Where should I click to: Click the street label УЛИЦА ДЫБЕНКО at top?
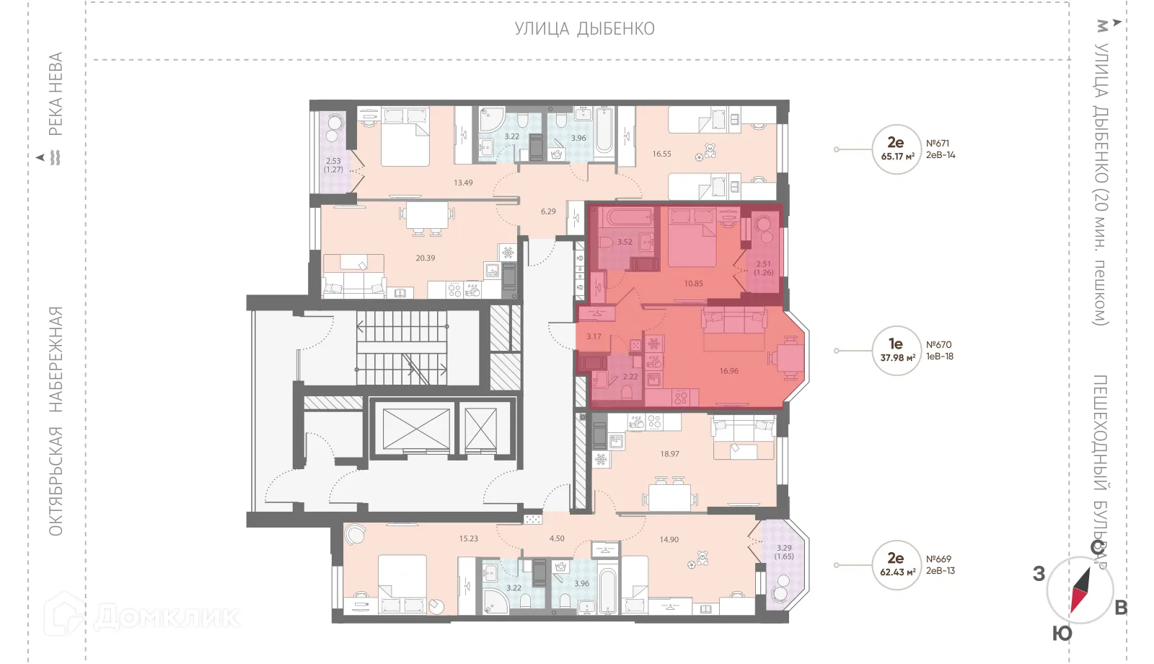tap(584, 29)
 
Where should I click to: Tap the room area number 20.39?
tap(425, 258)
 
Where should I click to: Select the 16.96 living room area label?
tap(728, 371)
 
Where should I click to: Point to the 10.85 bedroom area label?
tap(693, 284)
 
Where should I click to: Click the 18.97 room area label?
tap(669, 454)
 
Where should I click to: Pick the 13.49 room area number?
tap(463, 183)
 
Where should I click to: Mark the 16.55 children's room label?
tap(661, 154)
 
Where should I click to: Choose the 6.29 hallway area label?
tap(548, 211)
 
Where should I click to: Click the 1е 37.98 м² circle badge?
tap(897, 351)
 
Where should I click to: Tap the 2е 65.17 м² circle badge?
tap(897, 149)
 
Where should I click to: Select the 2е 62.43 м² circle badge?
tap(897, 564)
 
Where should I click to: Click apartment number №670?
tap(938, 345)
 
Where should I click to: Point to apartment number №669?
tap(938, 559)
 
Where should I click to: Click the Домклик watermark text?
tap(166, 617)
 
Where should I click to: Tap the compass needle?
tap(1080, 590)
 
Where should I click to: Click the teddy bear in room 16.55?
tap(709, 152)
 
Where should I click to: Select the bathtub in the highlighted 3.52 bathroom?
tap(628, 217)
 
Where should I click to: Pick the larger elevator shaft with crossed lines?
tap(416, 429)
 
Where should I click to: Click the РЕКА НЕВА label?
tap(56, 94)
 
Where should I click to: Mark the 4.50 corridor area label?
tap(557, 538)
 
